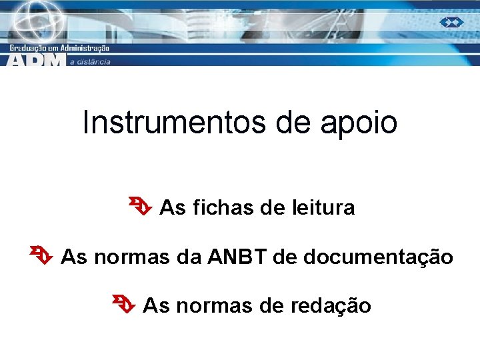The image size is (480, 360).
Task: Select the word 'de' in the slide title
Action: tap(289, 123)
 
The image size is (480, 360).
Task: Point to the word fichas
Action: tap(223, 208)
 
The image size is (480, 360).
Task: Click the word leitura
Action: tap(323, 208)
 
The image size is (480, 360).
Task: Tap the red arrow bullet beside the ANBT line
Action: tap(41, 255)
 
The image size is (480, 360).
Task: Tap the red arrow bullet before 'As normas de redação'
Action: tap(124, 305)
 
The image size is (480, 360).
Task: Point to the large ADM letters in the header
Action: tap(37, 60)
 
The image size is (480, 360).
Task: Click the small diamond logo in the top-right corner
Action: tap(451, 22)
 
